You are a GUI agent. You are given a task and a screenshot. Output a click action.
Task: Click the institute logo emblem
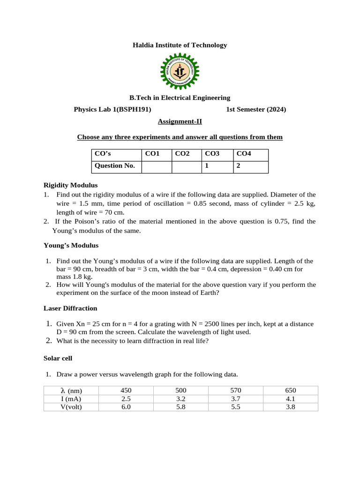[180, 71]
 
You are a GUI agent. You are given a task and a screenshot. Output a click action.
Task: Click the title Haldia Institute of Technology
[180, 45]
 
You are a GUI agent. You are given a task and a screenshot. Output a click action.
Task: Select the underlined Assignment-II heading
[180, 121]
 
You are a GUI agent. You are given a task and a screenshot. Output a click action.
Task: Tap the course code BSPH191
[134, 110]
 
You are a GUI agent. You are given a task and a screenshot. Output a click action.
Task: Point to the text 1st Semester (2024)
[255, 110]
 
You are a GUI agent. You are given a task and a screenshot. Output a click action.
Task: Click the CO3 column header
[212, 153]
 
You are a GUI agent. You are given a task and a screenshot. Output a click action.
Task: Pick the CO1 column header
[152, 153]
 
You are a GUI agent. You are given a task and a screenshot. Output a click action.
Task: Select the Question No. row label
[115, 165]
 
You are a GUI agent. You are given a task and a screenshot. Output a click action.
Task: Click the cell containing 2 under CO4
[239, 165]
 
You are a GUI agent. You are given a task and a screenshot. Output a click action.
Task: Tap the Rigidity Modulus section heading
[70, 185]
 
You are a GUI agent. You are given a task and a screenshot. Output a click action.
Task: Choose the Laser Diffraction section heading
[70, 308]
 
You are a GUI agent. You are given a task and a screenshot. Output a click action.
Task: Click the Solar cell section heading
[58, 358]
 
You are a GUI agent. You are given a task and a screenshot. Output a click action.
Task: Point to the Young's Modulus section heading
[71, 245]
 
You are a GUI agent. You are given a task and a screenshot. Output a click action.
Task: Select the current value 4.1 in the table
[291, 399]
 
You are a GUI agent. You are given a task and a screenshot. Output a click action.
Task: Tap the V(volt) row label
[71, 407]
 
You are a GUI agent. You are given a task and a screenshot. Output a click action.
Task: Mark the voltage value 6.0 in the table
[126, 407]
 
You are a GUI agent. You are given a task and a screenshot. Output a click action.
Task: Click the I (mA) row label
[71, 399]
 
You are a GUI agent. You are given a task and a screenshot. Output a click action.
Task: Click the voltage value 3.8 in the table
[291, 407]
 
